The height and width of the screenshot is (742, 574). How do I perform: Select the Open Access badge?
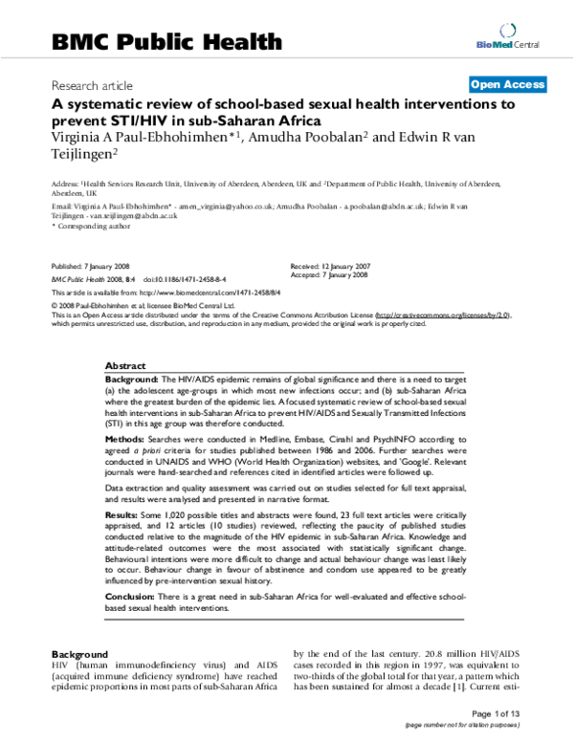pyautogui.click(x=507, y=84)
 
